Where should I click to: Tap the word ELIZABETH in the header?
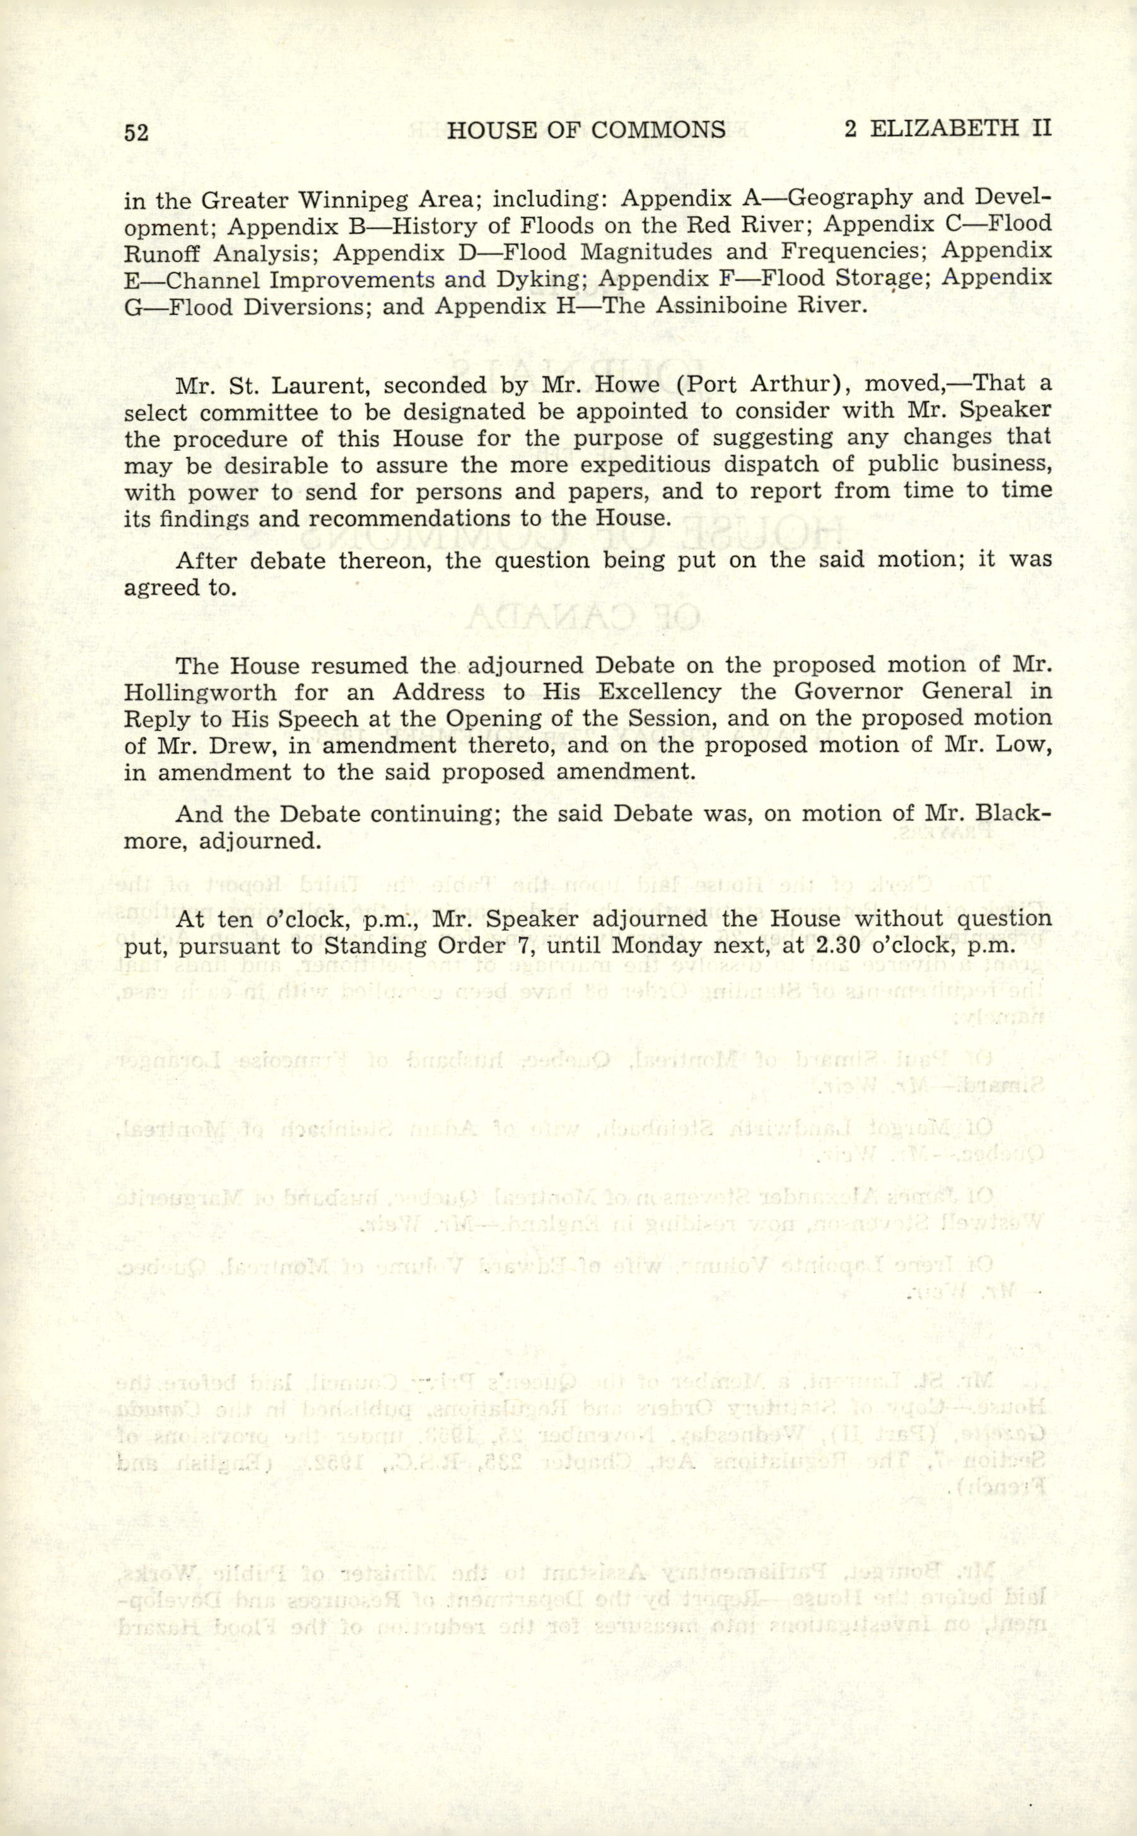tap(940, 129)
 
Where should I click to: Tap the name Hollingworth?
tap(200, 692)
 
